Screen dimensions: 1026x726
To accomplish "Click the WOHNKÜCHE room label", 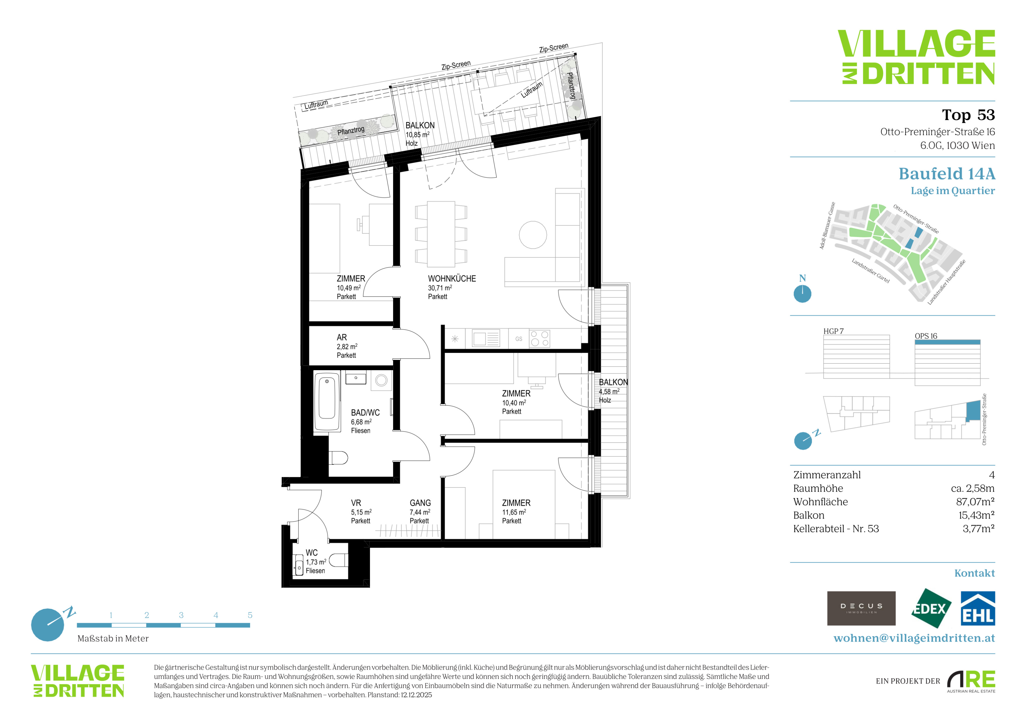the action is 452,278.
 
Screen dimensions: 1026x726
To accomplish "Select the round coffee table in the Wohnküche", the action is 533,235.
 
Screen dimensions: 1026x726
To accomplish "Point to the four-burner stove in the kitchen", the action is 539,339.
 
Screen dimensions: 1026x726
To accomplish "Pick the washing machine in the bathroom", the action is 381,380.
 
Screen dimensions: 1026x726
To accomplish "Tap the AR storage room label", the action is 342,338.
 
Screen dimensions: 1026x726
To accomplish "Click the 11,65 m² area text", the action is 514,512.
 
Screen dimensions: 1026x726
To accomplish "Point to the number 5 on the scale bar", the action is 250,615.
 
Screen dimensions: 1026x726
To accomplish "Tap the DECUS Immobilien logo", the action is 861,608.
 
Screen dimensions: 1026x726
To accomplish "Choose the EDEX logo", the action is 930,608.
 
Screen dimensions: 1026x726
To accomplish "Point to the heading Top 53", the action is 968,115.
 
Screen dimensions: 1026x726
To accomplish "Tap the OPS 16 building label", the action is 926,336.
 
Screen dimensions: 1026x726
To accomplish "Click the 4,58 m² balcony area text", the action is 609,392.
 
